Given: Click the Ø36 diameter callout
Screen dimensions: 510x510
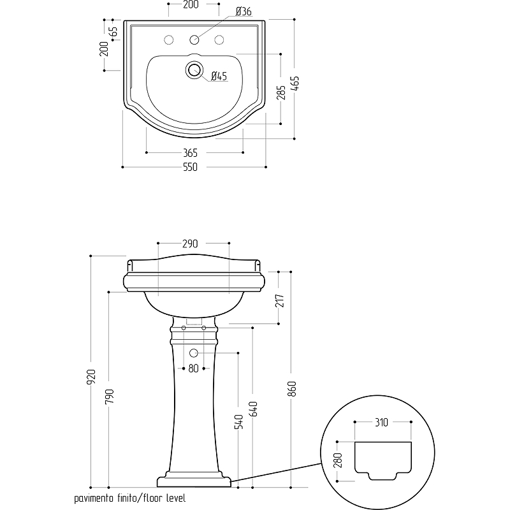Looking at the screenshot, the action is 244,11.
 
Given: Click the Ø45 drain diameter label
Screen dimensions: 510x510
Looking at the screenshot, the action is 219,76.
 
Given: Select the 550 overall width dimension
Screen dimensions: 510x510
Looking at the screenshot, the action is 190,167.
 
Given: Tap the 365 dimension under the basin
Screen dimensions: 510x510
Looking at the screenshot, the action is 190,152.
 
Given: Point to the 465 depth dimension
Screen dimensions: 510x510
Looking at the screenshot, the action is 295,84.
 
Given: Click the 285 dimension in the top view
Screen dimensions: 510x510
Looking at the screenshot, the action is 280,92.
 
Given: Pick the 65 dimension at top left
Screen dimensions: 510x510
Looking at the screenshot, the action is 113,31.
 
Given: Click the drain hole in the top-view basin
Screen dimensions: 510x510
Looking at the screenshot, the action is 194,69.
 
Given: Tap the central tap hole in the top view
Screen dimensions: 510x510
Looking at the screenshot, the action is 194,40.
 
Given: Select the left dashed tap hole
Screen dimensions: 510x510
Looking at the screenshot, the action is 169,40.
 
